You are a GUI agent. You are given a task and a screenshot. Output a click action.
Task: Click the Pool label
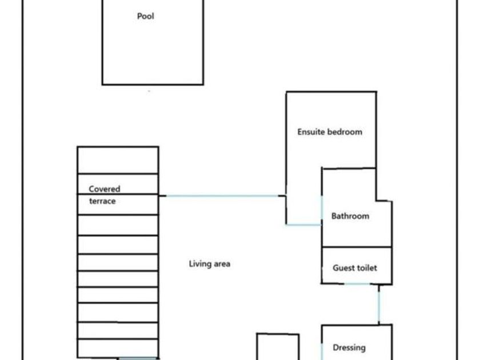[146, 16]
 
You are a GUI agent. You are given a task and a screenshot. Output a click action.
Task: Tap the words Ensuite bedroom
[329, 131]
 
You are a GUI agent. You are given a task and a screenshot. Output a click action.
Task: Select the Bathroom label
[350, 216]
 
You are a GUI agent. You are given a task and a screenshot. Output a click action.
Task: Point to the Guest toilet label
[355, 267]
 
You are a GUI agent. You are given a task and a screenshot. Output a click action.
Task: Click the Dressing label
[349, 347]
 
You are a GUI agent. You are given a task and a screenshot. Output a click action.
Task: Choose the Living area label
[209, 263]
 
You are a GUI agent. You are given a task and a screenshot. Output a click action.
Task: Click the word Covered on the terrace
[105, 189]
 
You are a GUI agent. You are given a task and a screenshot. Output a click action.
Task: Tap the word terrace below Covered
[102, 201]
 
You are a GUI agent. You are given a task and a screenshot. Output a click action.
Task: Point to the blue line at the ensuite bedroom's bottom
[303, 225]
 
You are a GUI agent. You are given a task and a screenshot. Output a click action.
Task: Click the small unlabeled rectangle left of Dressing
[278, 347]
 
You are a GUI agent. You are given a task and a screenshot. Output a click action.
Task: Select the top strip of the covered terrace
[118, 160]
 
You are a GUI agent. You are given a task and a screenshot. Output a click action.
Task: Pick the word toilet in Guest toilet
[367, 267]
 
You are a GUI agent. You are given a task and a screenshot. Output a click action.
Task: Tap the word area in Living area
[221, 263]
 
